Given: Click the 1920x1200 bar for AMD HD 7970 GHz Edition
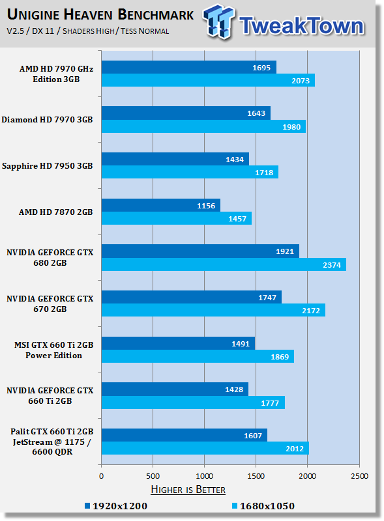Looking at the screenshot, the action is pyautogui.click(x=188, y=67).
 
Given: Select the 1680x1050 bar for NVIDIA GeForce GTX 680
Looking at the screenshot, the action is pyautogui.click(x=224, y=264).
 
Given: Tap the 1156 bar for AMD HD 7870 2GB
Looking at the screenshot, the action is pyautogui.click(x=161, y=205).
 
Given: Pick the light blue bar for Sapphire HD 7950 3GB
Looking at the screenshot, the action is pyautogui.click(x=190, y=172).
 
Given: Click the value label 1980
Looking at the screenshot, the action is pyautogui.click(x=291, y=127).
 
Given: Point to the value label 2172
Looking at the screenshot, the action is pyautogui.click(x=311, y=311).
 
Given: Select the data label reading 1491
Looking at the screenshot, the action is pyautogui.click(x=241, y=344).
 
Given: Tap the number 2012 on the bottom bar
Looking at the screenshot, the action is pyautogui.click(x=295, y=449).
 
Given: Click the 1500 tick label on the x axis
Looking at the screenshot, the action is pyautogui.click(x=256, y=476).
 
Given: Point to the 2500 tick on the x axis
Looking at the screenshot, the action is pyautogui.click(x=359, y=476).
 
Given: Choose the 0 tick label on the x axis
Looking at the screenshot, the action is pyautogui.click(x=102, y=476).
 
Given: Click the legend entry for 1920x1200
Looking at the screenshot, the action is pyautogui.click(x=116, y=506).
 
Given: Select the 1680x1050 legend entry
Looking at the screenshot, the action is pyautogui.click(x=263, y=506).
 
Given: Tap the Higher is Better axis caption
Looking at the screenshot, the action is pyautogui.click(x=188, y=490).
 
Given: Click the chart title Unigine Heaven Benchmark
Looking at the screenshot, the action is pyautogui.click(x=100, y=14).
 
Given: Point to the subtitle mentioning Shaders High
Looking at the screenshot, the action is pyautogui.click(x=88, y=31).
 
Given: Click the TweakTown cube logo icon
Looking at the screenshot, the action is pyautogui.click(x=218, y=22).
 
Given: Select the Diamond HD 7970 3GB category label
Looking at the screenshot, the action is pyautogui.click(x=47, y=120).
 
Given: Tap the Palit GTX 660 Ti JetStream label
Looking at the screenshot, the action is pyautogui.click(x=52, y=442).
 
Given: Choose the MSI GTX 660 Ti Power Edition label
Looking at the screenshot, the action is pyautogui.click(x=53, y=350).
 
